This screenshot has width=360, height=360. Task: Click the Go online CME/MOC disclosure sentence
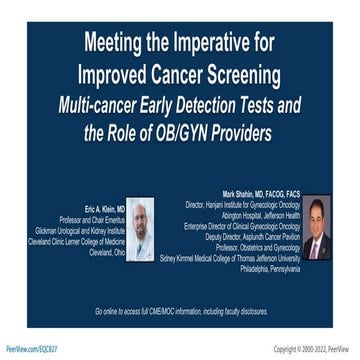pyautogui.click(x=180, y=311)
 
